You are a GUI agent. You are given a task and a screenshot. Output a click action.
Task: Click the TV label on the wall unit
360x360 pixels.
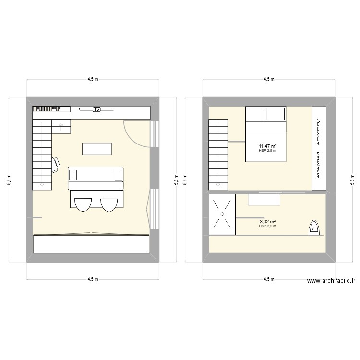96,110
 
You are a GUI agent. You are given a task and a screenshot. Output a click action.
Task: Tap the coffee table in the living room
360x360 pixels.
97,149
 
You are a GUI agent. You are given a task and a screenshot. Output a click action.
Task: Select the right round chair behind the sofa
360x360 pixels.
109,204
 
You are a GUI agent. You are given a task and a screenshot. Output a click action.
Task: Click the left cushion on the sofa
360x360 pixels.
73,174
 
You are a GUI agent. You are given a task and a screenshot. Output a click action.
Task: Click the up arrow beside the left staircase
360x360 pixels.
61,126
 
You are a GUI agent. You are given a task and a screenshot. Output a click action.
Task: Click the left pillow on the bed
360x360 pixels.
256,114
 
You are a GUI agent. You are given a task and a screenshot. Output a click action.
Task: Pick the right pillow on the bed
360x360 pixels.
276,114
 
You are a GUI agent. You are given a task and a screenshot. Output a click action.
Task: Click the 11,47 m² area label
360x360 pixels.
267,146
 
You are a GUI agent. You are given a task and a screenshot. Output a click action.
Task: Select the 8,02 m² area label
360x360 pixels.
267,222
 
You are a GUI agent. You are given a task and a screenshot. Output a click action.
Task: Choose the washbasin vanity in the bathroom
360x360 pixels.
264,200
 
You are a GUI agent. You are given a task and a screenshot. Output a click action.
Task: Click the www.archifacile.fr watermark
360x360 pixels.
331,282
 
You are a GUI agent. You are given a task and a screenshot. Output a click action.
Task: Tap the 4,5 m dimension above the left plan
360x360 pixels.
93,80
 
